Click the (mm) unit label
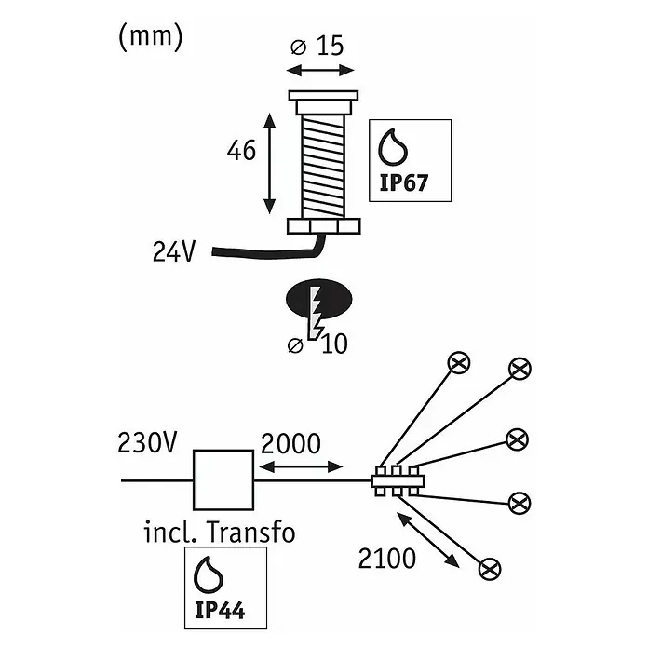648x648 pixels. point(151,37)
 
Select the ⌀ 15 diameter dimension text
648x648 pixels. point(317,46)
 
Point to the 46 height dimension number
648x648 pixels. point(241,151)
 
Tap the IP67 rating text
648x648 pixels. point(403,182)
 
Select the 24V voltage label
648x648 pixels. point(173,251)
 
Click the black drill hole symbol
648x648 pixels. point(318,298)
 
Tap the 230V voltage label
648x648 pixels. point(147,442)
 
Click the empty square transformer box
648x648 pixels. point(223,479)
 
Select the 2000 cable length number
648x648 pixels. point(290,444)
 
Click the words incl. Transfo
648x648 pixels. point(220,533)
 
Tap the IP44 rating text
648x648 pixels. point(220,611)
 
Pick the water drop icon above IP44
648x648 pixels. point(209,574)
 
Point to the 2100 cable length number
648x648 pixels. point(386,559)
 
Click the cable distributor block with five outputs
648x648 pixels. point(398,480)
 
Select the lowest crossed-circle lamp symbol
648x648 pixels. point(490,569)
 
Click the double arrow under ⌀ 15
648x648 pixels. point(320,71)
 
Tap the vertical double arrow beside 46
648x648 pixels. point(269,163)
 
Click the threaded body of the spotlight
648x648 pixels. point(323,166)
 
